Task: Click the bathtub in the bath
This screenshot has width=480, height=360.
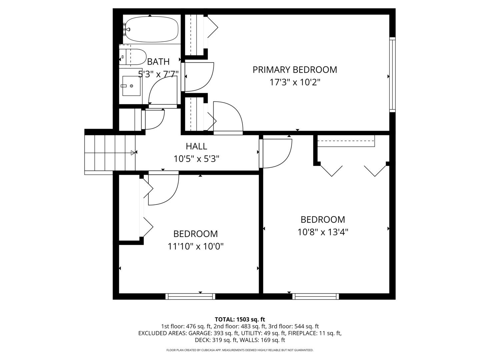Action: [x=152, y=29]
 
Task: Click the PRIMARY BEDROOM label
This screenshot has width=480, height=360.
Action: [x=295, y=70]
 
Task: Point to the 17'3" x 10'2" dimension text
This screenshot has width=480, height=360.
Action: [x=295, y=82]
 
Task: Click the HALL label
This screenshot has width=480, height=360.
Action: [x=196, y=146]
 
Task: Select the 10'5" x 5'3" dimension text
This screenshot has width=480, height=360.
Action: [x=196, y=159]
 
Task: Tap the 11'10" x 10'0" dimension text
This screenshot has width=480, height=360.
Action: [x=195, y=247]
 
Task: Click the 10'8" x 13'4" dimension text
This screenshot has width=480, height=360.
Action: [x=323, y=232]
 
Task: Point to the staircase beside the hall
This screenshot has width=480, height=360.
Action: [x=110, y=153]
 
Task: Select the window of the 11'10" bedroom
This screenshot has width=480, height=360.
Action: [x=190, y=296]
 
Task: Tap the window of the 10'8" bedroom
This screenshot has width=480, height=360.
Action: [x=316, y=296]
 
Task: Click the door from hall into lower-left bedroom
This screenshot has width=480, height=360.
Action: [x=163, y=188]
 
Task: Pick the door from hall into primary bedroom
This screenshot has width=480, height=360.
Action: [x=228, y=117]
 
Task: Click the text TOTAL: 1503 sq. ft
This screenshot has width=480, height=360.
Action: [x=240, y=319]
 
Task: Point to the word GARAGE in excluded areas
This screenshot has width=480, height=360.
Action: [x=199, y=333]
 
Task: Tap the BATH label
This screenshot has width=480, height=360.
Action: [x=158, y=62]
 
